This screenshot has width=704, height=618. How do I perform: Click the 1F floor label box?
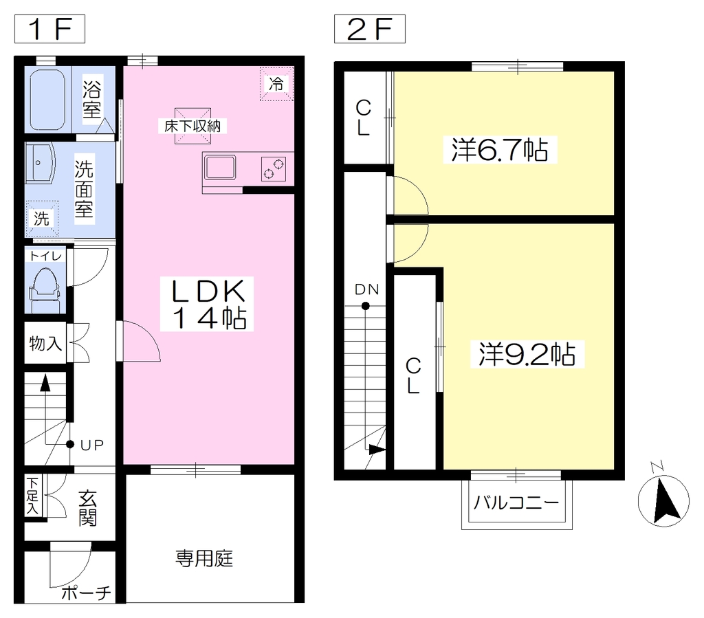tap(49, 29)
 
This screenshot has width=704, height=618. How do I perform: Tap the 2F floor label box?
tap(369, 29)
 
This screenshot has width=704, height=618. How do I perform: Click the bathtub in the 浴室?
tap(47, 100)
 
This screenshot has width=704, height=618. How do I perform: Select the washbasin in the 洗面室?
tap(40, 162)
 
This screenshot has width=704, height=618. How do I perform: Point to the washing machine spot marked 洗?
tap(42, 219)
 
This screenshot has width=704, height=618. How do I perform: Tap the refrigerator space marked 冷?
tap(276, 83)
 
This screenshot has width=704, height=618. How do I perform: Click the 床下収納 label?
tap(192, 126)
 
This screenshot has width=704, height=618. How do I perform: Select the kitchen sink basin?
tap(219, 168)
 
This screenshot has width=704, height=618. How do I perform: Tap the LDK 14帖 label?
tap(207, 305)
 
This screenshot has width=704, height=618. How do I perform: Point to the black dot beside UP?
tap(70, 444)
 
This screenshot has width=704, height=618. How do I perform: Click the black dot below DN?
tap(366, 306)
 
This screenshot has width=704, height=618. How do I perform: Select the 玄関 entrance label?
tap(87, 509)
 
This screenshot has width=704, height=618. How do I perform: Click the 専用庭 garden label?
tap(204, 559)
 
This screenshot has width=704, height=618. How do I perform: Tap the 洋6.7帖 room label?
tap(500, 150)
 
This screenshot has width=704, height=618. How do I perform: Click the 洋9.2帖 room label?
tap(527, 355)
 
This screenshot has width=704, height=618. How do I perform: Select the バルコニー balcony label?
tap(516, 502)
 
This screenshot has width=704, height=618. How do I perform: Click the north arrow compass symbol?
tap(663, 500)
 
